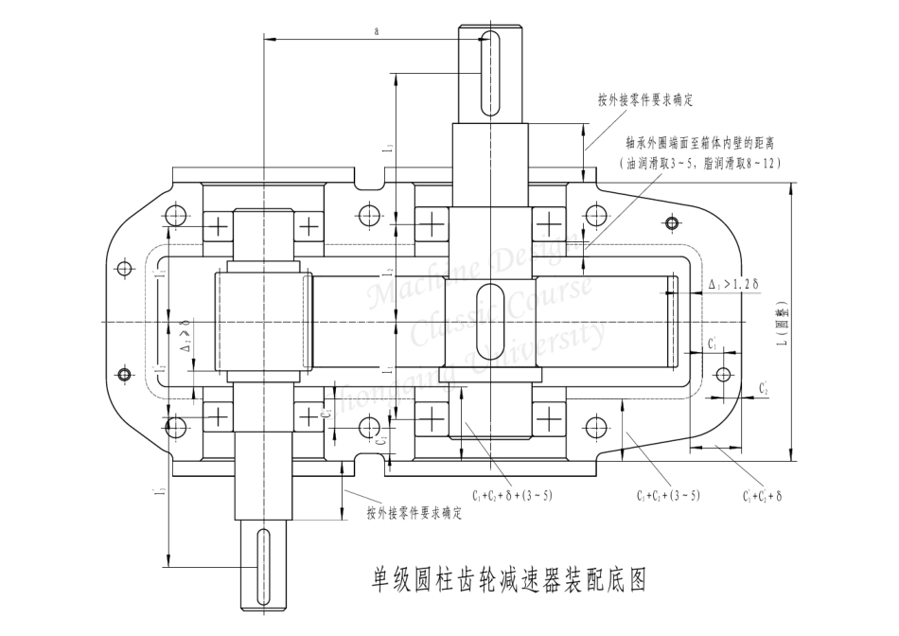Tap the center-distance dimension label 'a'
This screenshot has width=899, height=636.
tap(377, 31)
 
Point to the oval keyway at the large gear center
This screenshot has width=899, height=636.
tap(488, 322)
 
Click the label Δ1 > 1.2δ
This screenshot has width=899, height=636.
tap(735, 284)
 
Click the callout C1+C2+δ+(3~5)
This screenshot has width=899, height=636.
tap(512, 494)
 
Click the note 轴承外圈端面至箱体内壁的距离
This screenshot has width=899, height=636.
tap(699, 144)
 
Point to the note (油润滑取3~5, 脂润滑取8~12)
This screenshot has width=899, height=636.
tap(701, 164)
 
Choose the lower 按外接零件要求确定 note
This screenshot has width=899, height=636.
tap(414, 513)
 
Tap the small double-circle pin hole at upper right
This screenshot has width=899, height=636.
tap(671, 223)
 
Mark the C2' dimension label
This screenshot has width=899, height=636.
tap(763, 389)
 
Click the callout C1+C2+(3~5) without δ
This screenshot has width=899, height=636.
tap(668, 495)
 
